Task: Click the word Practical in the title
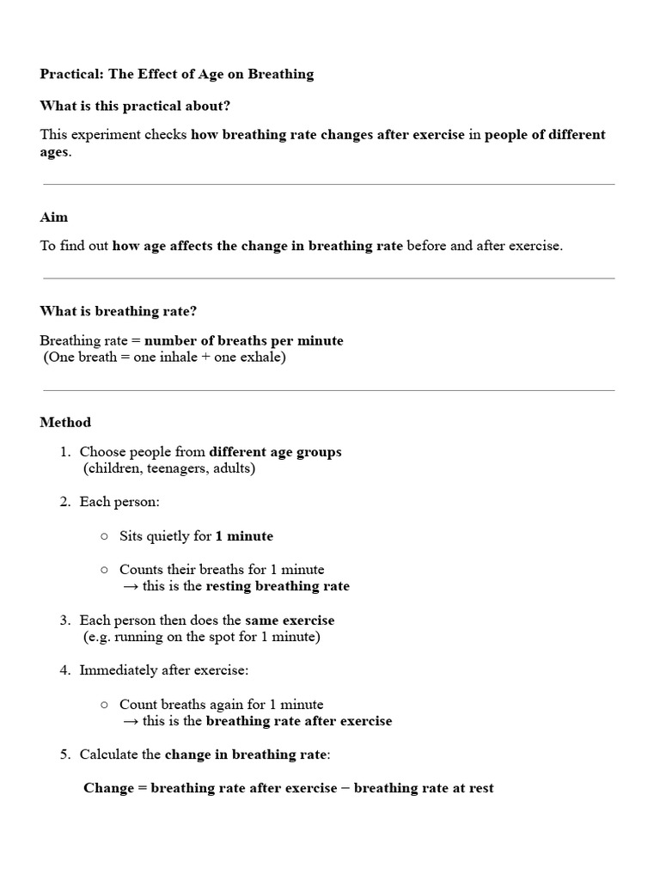pyautogui.click(x=70, y=74)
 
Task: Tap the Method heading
pyautogui.click(x=65, y=422)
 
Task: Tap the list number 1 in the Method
pyautogui.click(x=64, y=452)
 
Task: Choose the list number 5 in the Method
pyautogui.click(x=64, y=755)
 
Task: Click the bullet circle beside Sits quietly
pyautogui.click(x=104, y=536)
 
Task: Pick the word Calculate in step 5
pyautogui.click(x=108, y=755)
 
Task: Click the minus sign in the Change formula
pyautogui.click(x=345, y=788)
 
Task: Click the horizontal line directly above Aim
pyautogui.click(x=329, y=185)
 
